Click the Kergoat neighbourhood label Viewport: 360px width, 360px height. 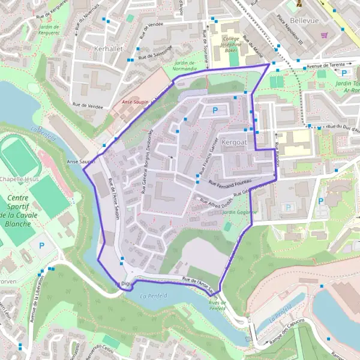(x=234, y=142)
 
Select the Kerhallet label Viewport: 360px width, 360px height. (x=108, y=47)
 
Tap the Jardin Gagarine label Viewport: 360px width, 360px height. (x=238, y=212)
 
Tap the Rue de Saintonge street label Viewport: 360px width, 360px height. (x=155, y=52)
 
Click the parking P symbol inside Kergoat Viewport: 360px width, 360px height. (x=215, y=110)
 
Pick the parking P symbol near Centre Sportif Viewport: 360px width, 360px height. (x=41, y=245)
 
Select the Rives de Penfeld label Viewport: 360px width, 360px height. (x=217, y=305)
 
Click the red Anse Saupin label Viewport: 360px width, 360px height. (x=135, y=102)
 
